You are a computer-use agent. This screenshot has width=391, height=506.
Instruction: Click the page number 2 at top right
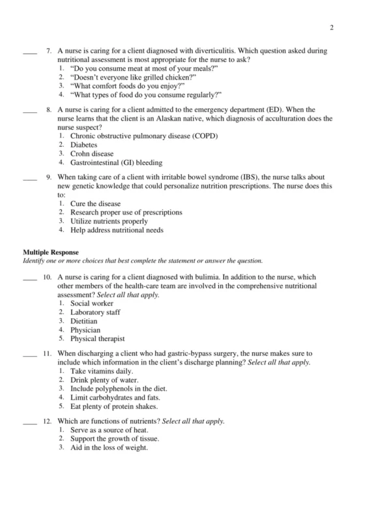click(332, 27)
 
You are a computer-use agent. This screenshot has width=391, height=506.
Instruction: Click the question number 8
click(48, 110)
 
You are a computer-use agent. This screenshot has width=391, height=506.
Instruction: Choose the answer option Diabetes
click(84, 145)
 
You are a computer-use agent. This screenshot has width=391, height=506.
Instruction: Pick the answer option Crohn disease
click(92, 154)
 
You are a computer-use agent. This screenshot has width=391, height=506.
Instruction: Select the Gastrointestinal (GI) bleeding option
click(116, 163)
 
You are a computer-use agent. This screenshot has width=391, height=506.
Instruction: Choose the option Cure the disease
click(95, 204)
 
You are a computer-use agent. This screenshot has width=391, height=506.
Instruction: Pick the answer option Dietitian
click(84, 321)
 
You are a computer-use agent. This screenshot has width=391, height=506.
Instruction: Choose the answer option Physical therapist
click(98, 339)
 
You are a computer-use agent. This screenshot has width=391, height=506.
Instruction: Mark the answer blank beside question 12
click(29, 422)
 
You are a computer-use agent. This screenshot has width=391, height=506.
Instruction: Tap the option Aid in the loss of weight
click(109, 448)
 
